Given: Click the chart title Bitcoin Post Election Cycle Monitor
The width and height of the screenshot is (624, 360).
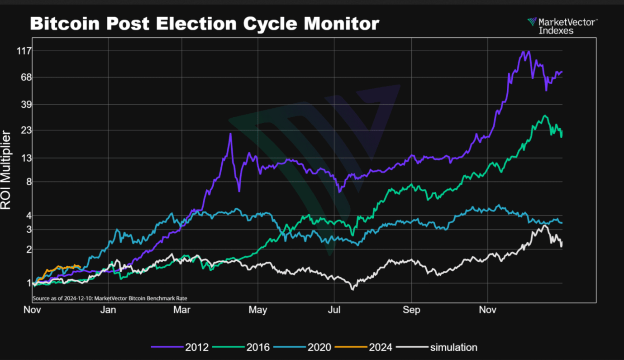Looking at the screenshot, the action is pos(205,24).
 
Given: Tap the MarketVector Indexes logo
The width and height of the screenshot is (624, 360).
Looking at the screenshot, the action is pos(562,26).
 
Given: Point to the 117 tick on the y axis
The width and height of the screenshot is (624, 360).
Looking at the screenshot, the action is pos(24,51).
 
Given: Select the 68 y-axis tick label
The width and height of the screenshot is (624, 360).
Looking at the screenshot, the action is pos(26,77).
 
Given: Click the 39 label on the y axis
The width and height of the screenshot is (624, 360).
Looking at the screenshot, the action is pos(26,105).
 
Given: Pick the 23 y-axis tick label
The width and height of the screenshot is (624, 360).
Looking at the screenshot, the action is pos(26,130).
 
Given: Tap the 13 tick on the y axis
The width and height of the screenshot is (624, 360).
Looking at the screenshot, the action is pos(26,158).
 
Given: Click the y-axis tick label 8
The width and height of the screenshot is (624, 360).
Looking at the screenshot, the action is pos(29,182).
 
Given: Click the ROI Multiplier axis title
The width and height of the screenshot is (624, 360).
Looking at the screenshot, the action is pos(5,170).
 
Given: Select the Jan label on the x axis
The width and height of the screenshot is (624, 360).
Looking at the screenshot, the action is pos(108,310).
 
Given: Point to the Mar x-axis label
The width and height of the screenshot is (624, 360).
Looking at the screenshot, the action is pos(182,310).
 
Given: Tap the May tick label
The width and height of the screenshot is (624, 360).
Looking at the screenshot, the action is pos(258,310).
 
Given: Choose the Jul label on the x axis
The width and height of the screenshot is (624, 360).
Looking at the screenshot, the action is pos(334,310).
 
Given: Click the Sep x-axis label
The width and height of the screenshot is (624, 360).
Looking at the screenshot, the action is pos(411,310).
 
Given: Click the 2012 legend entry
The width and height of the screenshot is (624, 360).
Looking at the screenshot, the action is pos(180,347).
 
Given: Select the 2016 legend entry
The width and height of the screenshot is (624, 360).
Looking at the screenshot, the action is pos(241,347).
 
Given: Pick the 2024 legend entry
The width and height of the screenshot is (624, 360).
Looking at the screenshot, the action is pos(363,347).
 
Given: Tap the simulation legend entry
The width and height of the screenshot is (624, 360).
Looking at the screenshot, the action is pos(437,347).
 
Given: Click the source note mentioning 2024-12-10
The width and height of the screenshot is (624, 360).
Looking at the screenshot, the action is pos(110,298).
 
